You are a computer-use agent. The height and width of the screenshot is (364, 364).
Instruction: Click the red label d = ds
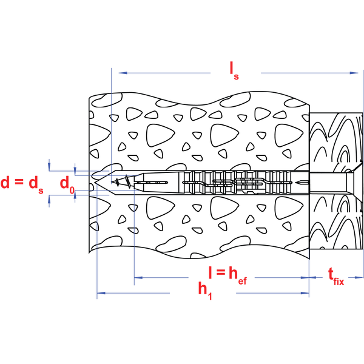(22, 183)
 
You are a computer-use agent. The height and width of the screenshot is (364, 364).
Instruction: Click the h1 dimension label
(205, 291)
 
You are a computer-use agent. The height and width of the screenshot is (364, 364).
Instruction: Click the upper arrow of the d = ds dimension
(49, 163)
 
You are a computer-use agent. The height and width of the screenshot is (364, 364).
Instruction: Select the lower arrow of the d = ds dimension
(49, 203)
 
